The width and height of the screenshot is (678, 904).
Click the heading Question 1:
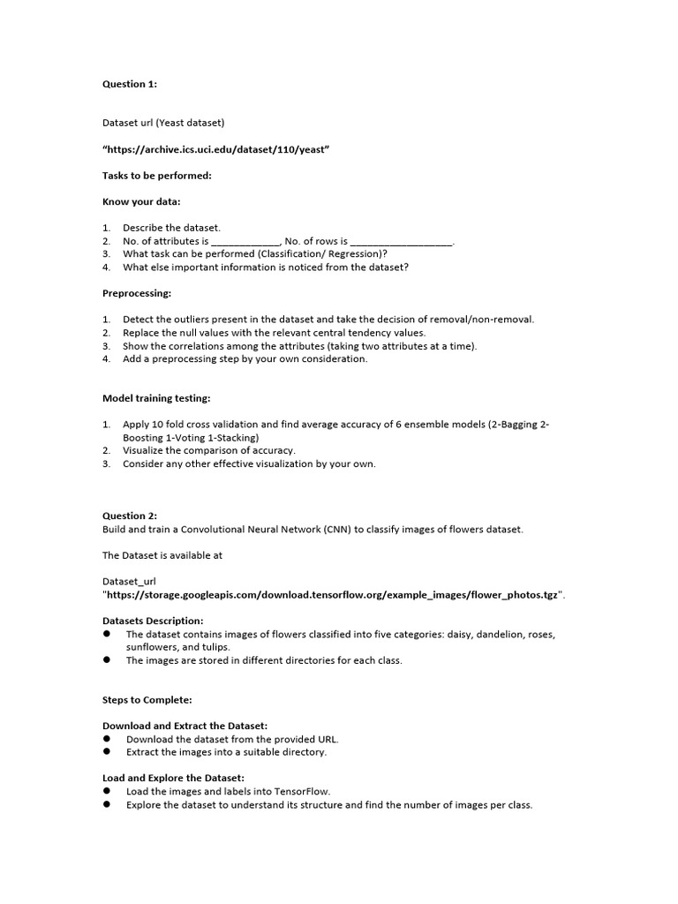click(x=130, y=84)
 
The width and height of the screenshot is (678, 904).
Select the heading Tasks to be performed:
click(x=156, y=176)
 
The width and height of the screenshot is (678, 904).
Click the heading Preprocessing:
click(x=137, y=292)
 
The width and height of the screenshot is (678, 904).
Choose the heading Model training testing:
click(x=156, y=398)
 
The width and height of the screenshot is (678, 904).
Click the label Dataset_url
click(x=129, y=581)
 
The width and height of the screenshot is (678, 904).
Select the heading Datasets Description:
click(x=153, y=621)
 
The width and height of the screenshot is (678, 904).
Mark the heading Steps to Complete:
click(x=147, y=699)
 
